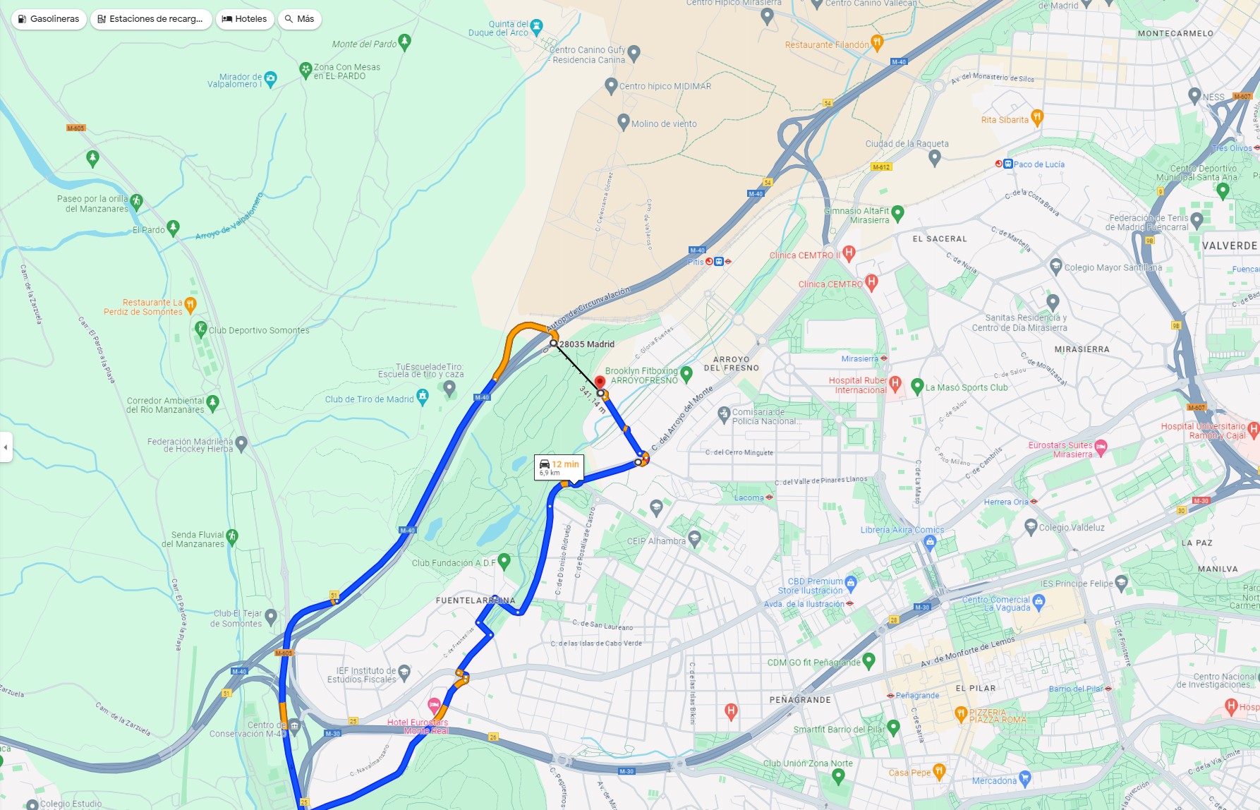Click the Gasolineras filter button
[x=49, y=19]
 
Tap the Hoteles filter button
[x=245, y=19]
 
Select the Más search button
[x=300, y=19]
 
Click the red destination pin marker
[x=600, y=382]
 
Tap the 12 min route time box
[x=559, y=467]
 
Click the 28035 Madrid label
[x=586, y=344]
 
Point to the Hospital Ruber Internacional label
[x=857, y=385]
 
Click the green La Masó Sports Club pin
[x=917, y=386]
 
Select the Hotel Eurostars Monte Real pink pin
[x=435, y=704]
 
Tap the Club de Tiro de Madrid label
[x=369, y=399]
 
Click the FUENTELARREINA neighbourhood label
[x=475, y=600]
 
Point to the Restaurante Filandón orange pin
[x=876, y=42]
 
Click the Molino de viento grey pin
[x=623, y=121]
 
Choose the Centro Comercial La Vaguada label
[x=996, y=603]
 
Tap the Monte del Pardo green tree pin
[x=404, y=42]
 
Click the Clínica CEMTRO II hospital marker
[x=849, y=253]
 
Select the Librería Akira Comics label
[x=902, y=530]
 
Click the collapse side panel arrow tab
[x=6, y=447]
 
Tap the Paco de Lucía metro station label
[x=1038, y=164]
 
